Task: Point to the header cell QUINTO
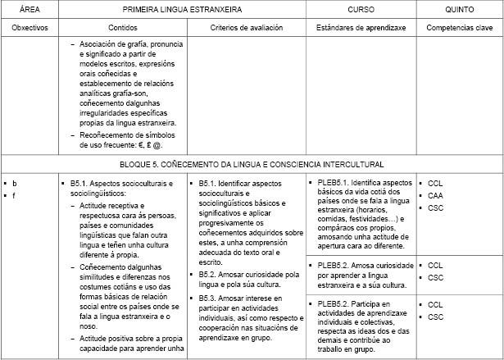point(459,8)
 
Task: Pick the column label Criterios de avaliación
point(246,27)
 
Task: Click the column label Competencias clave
point(459,27)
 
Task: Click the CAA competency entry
point(435,196)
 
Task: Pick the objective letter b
point(14,183)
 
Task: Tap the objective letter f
point(14,195)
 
